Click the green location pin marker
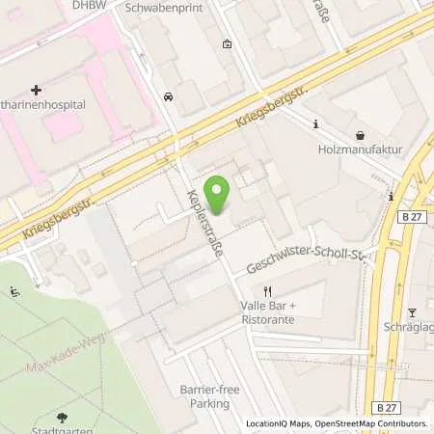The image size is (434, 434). [218, 196]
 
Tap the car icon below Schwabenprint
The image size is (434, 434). [169, 95]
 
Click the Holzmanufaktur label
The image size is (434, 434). [358, 149]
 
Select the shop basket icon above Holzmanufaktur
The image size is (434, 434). [360, 135]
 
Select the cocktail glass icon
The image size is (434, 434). [412, 312]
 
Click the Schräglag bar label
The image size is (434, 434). [414, 327]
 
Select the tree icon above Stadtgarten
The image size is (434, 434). [63, 418]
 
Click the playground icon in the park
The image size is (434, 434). [14, 291]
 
